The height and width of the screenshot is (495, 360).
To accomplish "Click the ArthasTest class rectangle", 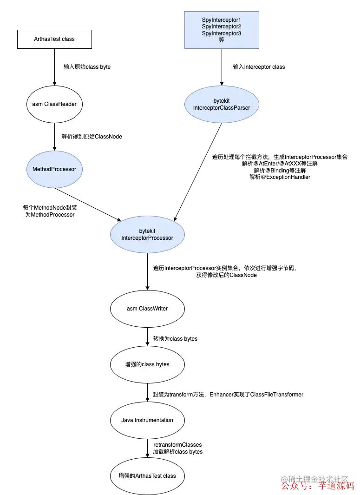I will pos(54,39).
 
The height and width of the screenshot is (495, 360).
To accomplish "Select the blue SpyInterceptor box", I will pos(222,30).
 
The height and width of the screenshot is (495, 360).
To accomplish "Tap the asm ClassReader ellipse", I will pos(54,104).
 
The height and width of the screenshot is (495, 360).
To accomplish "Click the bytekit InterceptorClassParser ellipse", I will pos(222,104).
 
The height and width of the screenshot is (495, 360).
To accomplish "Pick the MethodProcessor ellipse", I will pos(54,169).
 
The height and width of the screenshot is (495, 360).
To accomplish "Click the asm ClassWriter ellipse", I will pos(147,309).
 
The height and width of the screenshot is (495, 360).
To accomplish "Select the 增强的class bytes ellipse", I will pos(147,364).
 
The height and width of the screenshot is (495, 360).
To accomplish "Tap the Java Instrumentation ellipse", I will pos(147,420).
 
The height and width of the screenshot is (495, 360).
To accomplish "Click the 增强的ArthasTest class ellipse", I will pos(147,476).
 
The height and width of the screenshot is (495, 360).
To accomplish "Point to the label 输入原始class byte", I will pos(87,67).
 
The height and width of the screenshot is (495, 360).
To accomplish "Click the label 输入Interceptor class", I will pos(259,67).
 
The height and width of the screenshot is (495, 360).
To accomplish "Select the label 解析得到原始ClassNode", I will pos(92,137).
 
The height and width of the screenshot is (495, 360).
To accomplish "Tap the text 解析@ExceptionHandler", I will pos(280,177).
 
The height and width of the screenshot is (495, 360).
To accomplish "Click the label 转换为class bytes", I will pos(175,339).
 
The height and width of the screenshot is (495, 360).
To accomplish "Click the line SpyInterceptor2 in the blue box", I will pos(222,27).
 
